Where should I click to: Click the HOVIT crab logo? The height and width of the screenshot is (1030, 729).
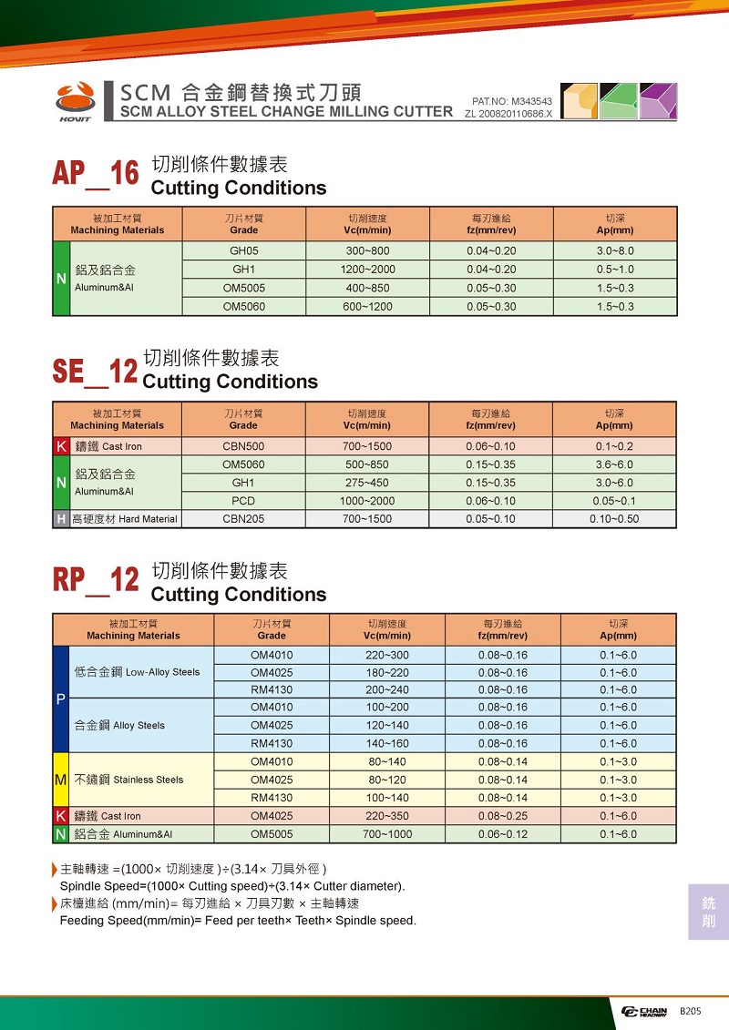pyautogui.click(x=75, y=98)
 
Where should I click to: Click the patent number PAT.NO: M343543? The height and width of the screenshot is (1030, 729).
pyautogui.click(x=512, y=101)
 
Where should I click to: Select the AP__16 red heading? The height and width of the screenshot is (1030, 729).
pyautogui.click(x=96, y=173)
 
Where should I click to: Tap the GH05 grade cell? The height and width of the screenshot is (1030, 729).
pyautogui.click(x=244, y=251)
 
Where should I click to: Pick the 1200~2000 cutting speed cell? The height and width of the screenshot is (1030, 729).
pyautogui.click(x=367, y=270)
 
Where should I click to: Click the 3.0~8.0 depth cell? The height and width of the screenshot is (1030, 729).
pyautogui.click(x=614, y=251)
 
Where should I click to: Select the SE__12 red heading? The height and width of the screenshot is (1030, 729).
pyautogui.click(x=95, y=371)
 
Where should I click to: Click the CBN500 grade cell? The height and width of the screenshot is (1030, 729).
pyautogui.click(x=243, y=447)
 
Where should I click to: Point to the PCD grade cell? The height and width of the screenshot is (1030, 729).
pyautogui.click(x=243, y=501)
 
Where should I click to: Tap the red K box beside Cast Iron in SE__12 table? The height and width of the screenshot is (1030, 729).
pyautogui.click(x=61, y=447)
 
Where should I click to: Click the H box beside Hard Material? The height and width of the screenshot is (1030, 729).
pyautogui.click(x=61, y=519)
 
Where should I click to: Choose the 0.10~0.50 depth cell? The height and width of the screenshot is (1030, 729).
pyautogui.click(x=614, y=519)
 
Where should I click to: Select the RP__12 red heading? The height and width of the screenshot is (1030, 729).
pyautogui.click(x=96, y=580)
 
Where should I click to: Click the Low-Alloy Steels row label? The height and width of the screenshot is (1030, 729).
pyautogui.click(x=137, y=672)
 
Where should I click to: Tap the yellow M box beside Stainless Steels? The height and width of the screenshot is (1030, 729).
pyautogui.click(x=61, y=780)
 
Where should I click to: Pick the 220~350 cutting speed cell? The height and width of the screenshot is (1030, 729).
pyautogui.click(x=387, y=816)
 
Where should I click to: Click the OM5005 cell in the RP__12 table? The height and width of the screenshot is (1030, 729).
pyautogui.click(x=272, y=834)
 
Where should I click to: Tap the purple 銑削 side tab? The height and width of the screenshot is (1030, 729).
pyautogui.click(x=708, y=912)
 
